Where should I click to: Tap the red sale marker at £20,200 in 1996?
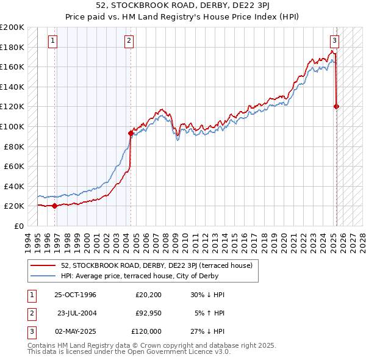(x=55, y=206)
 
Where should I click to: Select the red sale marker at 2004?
(x=131, y=133)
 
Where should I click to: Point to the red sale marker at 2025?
(x=337, y=106)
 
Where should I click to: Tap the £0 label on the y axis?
(x=19, y=226)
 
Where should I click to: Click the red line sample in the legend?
(x=44, y=265)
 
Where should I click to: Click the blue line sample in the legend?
(x=44, y=276)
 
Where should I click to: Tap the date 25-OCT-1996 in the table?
(x=75, y=295)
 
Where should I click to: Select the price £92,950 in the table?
(x=148, y=313)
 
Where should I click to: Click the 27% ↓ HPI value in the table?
(x=207, y=331)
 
